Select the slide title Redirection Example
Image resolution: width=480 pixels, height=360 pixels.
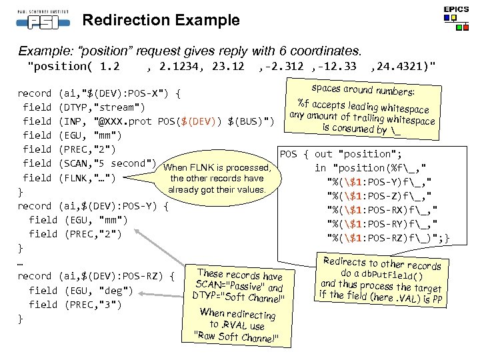(x=161, y=20)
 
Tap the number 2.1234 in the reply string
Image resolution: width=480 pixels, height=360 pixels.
(x=179, y=66)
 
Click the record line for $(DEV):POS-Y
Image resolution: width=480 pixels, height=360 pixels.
(x=93, y=206)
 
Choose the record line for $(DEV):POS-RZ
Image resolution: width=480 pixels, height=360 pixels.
(x=96, y=276)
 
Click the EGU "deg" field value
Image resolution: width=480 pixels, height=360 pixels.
(x=115, y=290)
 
